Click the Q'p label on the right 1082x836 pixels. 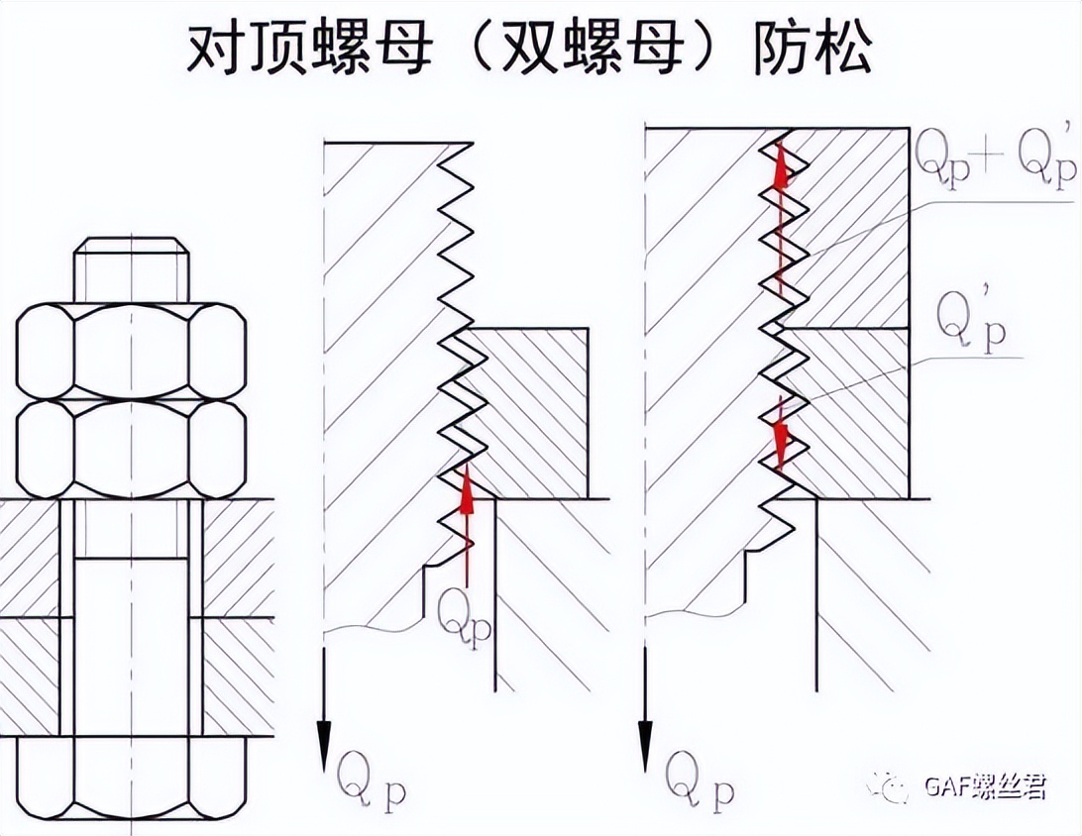tap(970, 323)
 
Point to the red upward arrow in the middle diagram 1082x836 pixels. tap(467, 525)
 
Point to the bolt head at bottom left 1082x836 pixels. tap(132, 782)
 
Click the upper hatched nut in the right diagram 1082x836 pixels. tap(852, 228)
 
